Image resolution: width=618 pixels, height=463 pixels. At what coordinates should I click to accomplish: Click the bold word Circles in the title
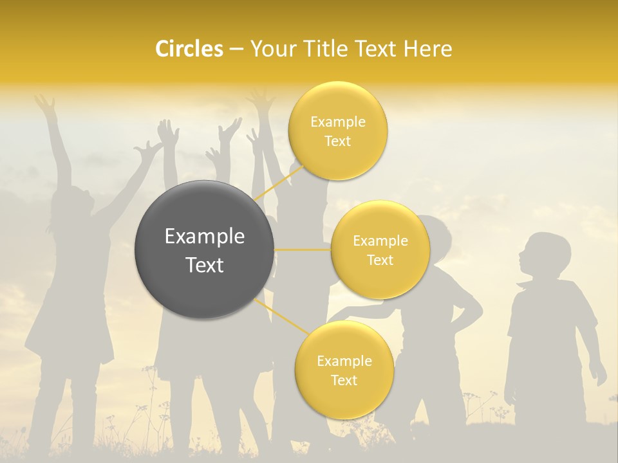click(x=189, y=49)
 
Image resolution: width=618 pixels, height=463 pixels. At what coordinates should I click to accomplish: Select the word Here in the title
click(x=428, y=49)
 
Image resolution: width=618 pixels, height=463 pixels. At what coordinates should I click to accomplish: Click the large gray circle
click(x=204, y=249)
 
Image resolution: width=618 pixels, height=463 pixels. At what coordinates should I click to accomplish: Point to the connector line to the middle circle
click(x=302, y=250)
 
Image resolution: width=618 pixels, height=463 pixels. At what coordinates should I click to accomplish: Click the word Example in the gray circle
click(x=204, y=237)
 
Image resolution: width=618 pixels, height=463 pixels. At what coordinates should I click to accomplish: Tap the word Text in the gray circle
click(x=204, y=265)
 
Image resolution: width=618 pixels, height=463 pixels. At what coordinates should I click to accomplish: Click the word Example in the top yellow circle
click(x=338, y=122)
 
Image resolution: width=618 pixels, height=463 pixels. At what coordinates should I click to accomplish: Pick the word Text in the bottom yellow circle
click(x=344, y=380)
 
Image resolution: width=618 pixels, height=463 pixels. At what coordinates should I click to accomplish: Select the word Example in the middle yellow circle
click(x=380, y=241)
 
